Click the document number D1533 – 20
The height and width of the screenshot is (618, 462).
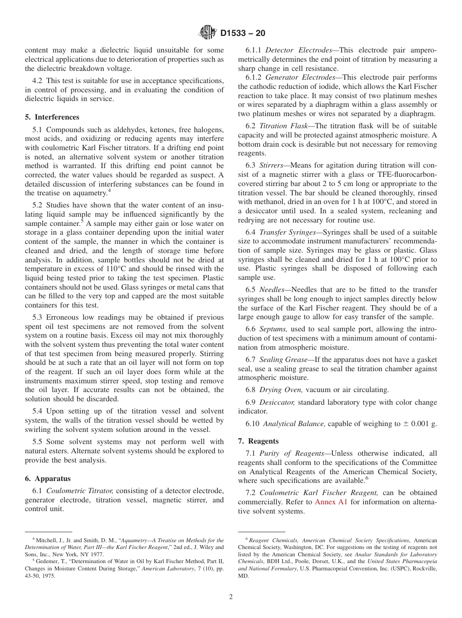click(243, 34)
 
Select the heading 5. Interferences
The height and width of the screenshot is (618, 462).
click(52, 117)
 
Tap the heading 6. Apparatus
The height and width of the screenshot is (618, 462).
click(48, 479)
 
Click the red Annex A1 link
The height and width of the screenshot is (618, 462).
click(331, 502)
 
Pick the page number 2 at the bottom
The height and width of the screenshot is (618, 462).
click(231, 597)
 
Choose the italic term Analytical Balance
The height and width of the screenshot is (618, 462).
click(294, 424)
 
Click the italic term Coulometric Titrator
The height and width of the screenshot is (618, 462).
click(80, 491)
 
